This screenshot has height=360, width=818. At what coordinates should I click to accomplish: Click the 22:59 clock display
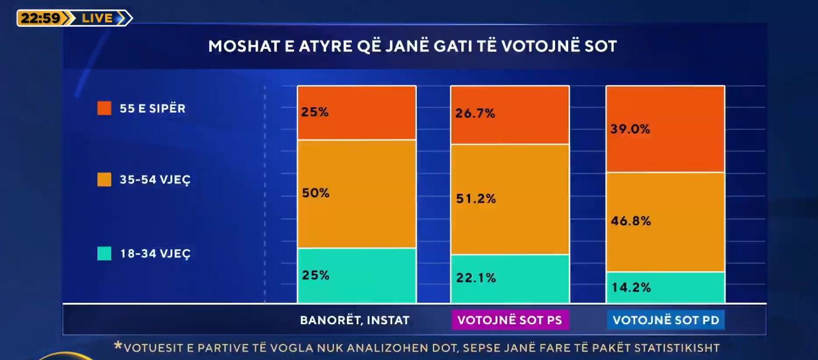pos(40,18)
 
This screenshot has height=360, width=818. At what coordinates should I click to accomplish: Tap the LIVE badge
pos(98,18)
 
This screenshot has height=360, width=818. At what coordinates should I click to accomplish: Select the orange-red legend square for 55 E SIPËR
pos(104,108)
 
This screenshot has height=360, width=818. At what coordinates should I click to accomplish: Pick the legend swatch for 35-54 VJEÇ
pos(104,179)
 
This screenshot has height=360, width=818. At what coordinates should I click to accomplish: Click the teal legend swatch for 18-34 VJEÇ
pos(104,253)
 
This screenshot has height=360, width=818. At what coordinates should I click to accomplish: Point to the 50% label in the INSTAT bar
pos(315,193)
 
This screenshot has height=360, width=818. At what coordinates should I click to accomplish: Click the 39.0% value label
pos(630,129)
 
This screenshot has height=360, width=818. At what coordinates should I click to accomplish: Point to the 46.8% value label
pos(630,221)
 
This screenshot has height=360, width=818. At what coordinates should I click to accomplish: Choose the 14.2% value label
pos(630,287)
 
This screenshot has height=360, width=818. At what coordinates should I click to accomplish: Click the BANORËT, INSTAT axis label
pos(355,320)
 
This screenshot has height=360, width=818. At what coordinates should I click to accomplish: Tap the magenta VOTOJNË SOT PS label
pos(509,320)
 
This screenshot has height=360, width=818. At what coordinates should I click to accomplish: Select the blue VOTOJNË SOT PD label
pos(665,320)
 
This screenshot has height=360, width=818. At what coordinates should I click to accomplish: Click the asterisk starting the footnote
pos(117,346)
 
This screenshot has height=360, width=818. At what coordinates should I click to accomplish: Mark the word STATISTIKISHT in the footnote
pos(678,347)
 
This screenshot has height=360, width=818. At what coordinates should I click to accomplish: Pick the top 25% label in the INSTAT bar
pos(315,111)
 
